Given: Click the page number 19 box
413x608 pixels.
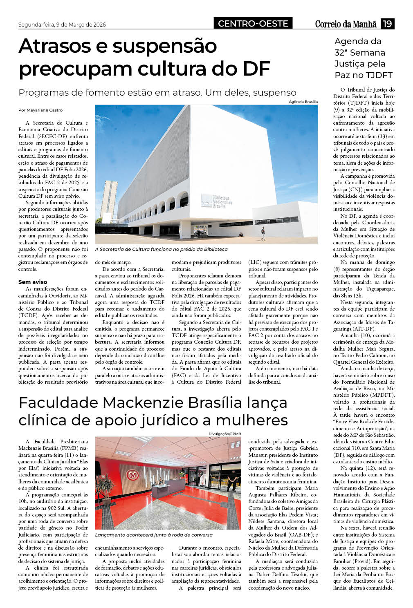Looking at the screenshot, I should click(x=387, y=24).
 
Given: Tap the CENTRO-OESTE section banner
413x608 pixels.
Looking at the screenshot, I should click(x=253, y=24).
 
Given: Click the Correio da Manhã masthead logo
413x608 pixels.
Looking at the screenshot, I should click(x=346, y=24).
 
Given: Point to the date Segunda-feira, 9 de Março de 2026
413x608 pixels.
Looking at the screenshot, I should click(x=62, y=25).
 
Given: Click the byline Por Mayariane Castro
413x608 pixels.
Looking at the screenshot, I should click(x=40, y=110).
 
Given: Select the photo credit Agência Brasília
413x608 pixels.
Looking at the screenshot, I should click(x=303, y=102).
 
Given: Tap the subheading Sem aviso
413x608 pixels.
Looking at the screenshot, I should click(x=33, y=282).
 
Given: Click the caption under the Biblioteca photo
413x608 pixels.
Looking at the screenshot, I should click(x=161, y=249).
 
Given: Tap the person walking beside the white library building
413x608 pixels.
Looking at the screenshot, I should click(x=263, y=233).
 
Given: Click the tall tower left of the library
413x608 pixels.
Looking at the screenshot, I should click(x=109, y=202).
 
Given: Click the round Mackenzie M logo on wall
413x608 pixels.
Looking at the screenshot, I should click(x=132, y=475).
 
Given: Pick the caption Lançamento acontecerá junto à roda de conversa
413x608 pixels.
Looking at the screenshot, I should click(x=154, y=534).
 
